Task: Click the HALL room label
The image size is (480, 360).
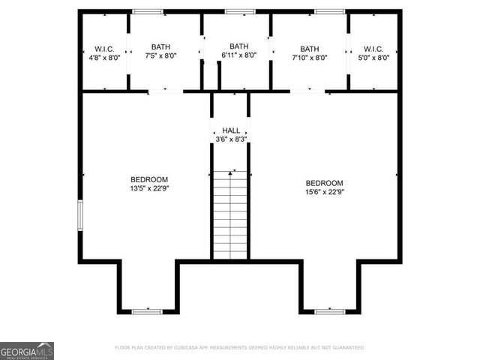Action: click(x=231, y=130)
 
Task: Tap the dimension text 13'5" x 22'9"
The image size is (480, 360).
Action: click(x=149, y=188)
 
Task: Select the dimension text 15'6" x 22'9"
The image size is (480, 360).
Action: click(x=324, y=192)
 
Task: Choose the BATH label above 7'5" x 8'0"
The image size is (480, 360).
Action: click(x=160, y=46)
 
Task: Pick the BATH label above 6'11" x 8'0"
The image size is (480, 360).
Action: click(x=238, y=46)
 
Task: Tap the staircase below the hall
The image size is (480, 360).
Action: click(x=231, y=214)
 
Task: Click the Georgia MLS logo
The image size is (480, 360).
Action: click(x=27, y=351)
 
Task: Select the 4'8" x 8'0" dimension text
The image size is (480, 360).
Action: click(x=104, y=57)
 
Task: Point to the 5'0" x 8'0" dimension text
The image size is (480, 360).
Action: click(x=373, y=57)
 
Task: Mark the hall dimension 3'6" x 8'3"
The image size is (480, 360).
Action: click(x=231, y=139)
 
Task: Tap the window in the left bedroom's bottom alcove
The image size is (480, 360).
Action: click(x=148, y=310)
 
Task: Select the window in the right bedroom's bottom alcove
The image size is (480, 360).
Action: click(x=329, y=310)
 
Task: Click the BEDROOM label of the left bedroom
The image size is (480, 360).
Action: click(x=149, y=179)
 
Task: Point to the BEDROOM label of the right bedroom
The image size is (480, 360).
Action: click(x=324, y=183)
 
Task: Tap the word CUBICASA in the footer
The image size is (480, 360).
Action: click(x=196, y=348)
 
